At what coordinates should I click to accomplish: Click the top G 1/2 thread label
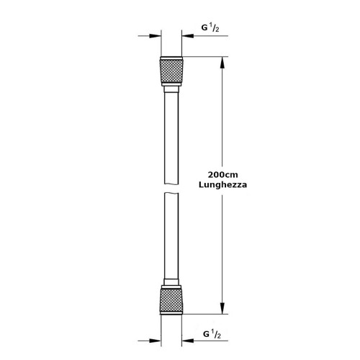point(210,28)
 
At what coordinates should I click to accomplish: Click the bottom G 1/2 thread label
point(212,334)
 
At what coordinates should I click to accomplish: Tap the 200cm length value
point(222,175)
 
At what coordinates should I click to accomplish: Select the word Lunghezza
point(222,185)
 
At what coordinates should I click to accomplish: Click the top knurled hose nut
point(171,71)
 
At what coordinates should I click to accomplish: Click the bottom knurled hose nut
point(171,300)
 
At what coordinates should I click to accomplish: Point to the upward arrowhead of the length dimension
point(222,63)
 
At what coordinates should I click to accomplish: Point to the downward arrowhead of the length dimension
point(222,308)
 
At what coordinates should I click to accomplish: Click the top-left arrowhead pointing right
point(155,36)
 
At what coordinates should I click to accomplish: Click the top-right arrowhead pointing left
point(188,36)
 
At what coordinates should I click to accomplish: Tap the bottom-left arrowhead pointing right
point(155,341)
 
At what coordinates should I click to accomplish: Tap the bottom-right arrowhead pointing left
point(188,341)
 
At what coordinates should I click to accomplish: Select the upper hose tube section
point(171,138)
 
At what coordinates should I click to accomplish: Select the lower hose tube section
point(171,235)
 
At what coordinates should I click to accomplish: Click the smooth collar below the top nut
point(171,89)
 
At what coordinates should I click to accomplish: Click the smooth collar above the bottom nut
point(171,282)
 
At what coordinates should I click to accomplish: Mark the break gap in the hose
point(171,188)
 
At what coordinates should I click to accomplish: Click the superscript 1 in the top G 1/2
point(212,26)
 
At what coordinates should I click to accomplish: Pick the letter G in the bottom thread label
point(206,334)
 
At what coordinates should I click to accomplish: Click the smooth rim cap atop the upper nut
point(171,58)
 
